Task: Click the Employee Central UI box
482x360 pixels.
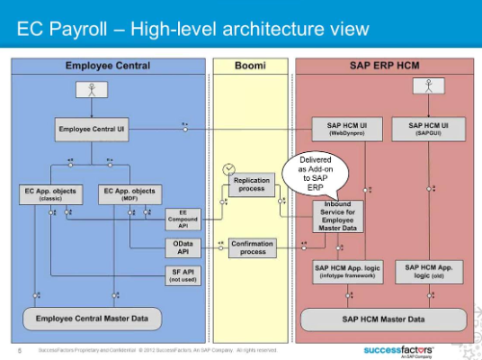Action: [91, 130]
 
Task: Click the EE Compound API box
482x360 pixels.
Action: [183, 219]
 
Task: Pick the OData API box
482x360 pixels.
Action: [183, 247]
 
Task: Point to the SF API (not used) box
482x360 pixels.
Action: [183, 275]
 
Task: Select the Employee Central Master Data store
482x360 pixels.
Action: [91, 319]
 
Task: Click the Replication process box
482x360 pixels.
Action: [252, 184]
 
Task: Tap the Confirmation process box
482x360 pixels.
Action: [252, 247]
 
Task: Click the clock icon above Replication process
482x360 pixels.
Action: [230, 168]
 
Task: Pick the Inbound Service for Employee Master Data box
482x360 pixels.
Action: [338, 216]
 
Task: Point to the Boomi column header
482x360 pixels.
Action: [252, 66]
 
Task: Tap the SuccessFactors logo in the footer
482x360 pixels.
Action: [398, 348]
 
